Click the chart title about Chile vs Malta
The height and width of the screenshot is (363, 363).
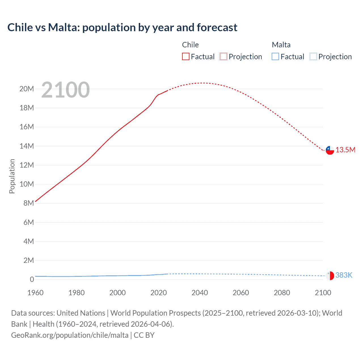click(x=122, y=28)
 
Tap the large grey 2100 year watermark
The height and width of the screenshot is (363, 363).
click(x=66, y=90)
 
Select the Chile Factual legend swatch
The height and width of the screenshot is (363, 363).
click(x=185, y=56)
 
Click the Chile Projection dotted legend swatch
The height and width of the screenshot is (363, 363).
click(x=223, y=56)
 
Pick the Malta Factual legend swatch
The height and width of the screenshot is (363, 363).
click(x=275, y=56)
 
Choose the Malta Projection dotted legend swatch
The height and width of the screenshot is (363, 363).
click(x=313, y=56)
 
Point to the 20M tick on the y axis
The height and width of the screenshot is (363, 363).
click(x=27, y=89)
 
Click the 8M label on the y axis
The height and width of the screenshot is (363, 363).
click(x=28, y=203)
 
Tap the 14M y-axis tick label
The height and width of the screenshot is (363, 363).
click(x=27, y=146)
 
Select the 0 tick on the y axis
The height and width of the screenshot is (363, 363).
click(x=32, y=279)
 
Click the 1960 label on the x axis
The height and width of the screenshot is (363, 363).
click(x=35, y=293)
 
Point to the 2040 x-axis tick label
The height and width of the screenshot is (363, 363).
click(x=200, y=293)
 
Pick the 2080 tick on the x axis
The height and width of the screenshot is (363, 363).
click(x=282, y=293)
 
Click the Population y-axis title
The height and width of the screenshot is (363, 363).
click(x=12, y=176)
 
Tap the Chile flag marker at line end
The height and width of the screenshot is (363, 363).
click(x=330, y=150)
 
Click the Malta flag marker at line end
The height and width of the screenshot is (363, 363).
click(x=330, y=276)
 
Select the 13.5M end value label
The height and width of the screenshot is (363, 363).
click(x=345, y=150)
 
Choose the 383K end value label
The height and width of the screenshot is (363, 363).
click(x=344, y=275)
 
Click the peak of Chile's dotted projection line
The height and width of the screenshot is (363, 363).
click(x=202, y=83)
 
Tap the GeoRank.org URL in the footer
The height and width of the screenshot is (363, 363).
click(x=70, y=335)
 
